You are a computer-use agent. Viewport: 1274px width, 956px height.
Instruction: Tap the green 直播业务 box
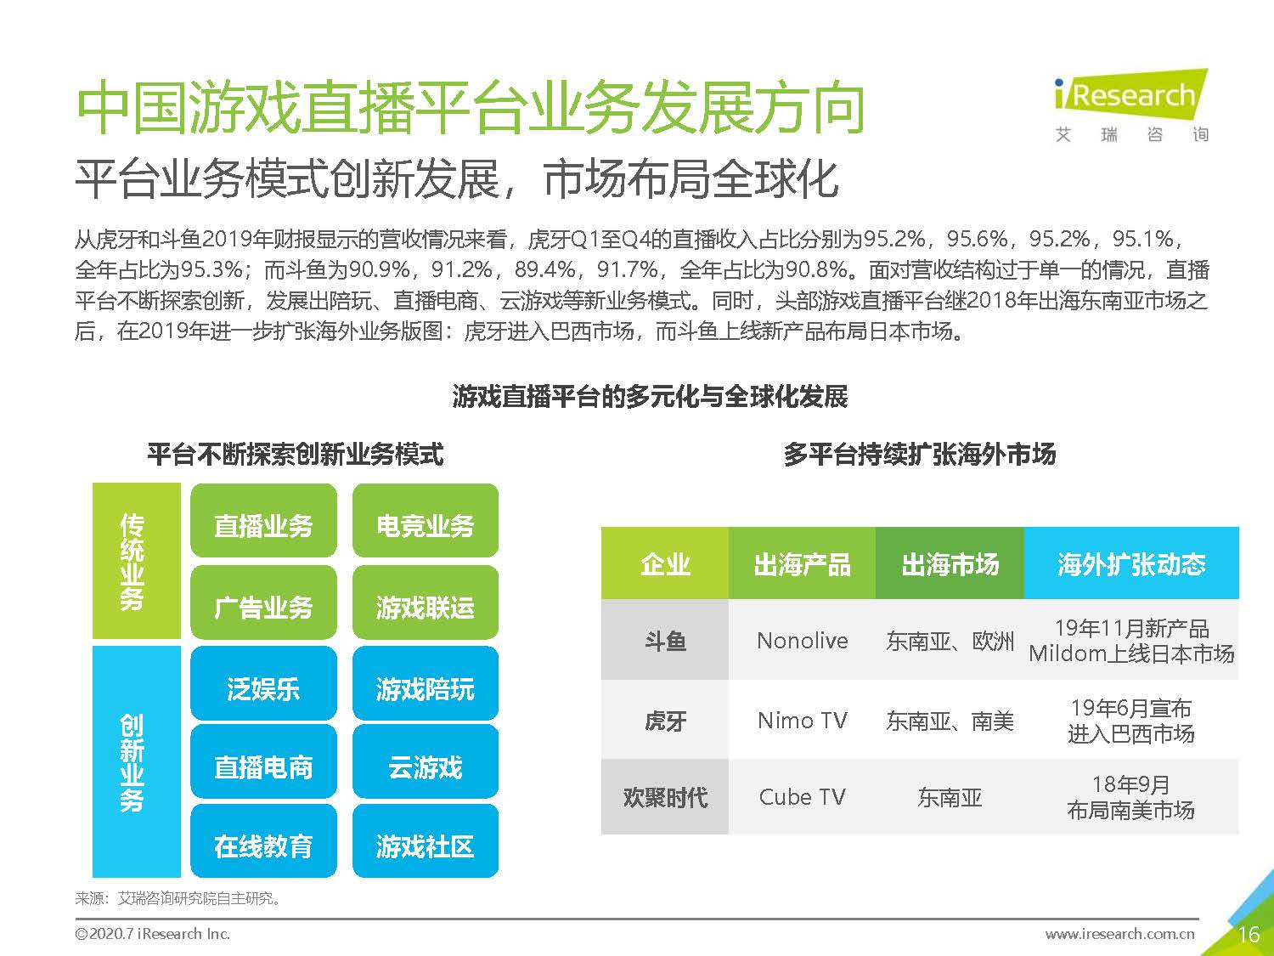(x=263, y=525)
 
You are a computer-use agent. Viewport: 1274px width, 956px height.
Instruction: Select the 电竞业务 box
(x=425, y=525)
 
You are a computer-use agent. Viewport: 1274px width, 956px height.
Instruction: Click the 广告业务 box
(x=263, y=606)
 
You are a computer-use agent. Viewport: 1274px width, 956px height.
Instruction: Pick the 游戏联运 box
(x=425, y=606)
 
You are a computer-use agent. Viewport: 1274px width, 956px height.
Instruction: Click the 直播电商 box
(x=263, y=766)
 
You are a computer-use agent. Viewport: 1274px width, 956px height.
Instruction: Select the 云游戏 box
(x=425, y=766)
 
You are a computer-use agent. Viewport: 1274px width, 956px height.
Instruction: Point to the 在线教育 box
(x=263, y=846)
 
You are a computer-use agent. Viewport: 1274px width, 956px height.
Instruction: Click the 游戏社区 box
(x=425, y=846)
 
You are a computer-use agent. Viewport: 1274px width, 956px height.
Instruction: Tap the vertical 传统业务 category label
(x=133, y=561)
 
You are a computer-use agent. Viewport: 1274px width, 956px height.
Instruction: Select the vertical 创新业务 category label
(x=133, y=761)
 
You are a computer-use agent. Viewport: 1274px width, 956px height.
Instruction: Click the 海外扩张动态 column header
(x=1130, y=563)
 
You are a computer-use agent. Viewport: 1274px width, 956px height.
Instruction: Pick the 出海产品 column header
(x=802, y=563)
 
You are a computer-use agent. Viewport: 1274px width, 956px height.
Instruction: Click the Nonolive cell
(x=802, y=640)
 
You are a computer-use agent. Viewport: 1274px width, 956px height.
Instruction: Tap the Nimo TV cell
(x=802, y=721)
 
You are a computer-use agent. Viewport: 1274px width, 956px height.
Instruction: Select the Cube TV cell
(x=802, y=797)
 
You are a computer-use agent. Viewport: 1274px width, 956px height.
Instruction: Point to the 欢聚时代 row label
(x=665, y=797)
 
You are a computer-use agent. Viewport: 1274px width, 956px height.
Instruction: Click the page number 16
(x=1248, y=935)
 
